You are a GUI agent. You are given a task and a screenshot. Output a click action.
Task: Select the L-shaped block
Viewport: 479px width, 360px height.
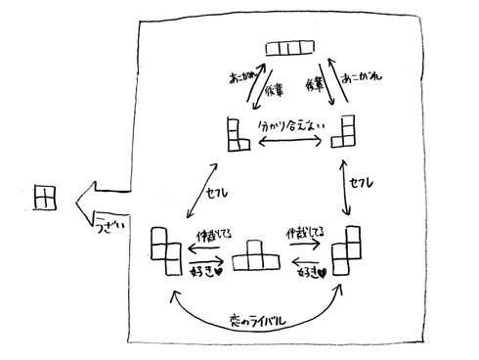pos(237,134)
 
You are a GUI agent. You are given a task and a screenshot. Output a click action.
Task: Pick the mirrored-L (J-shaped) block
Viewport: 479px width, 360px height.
pos(345,134)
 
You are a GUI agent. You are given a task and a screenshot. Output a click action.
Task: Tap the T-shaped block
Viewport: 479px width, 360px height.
pos(254,256)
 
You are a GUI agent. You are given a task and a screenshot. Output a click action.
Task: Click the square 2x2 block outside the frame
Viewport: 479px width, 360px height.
pos(44,198)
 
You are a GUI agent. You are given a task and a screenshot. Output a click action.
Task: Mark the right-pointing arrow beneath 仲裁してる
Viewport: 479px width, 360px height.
pos(205,260)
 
